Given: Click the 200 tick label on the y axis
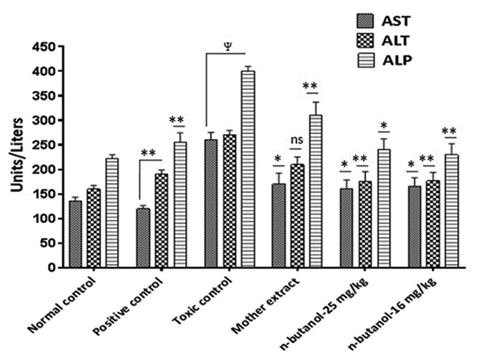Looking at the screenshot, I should click(46, 169).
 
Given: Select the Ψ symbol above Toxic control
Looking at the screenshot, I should click(227, 43).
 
